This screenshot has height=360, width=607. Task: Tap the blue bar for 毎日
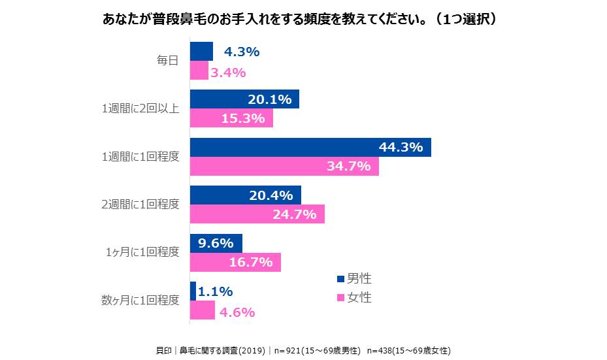pyautogui.click(x=201, y=51)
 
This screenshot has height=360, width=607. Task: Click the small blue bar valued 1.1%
pyautogui.click(x=192, y=291)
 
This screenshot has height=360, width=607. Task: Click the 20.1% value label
pyautogui.click(x=269, y=99)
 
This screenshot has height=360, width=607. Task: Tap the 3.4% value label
pyautogui.click(x=228, y=73)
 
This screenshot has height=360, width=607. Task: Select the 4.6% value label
pyautogui.click(x=237, y=312)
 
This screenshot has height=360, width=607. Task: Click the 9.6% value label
pyautogui.click(x=216, y=243)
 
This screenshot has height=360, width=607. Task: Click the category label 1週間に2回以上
pyautogui.click(x=140, y=108)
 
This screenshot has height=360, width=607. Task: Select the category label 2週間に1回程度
pyautogui.click(x=140, y=205)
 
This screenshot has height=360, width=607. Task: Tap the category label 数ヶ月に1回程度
pyautogui.click(x=140, y=301)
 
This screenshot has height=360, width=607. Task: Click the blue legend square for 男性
pyautogui.click(x=340, y=279)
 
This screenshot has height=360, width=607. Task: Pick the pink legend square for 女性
pyautogui.click(x=340, y=298)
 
